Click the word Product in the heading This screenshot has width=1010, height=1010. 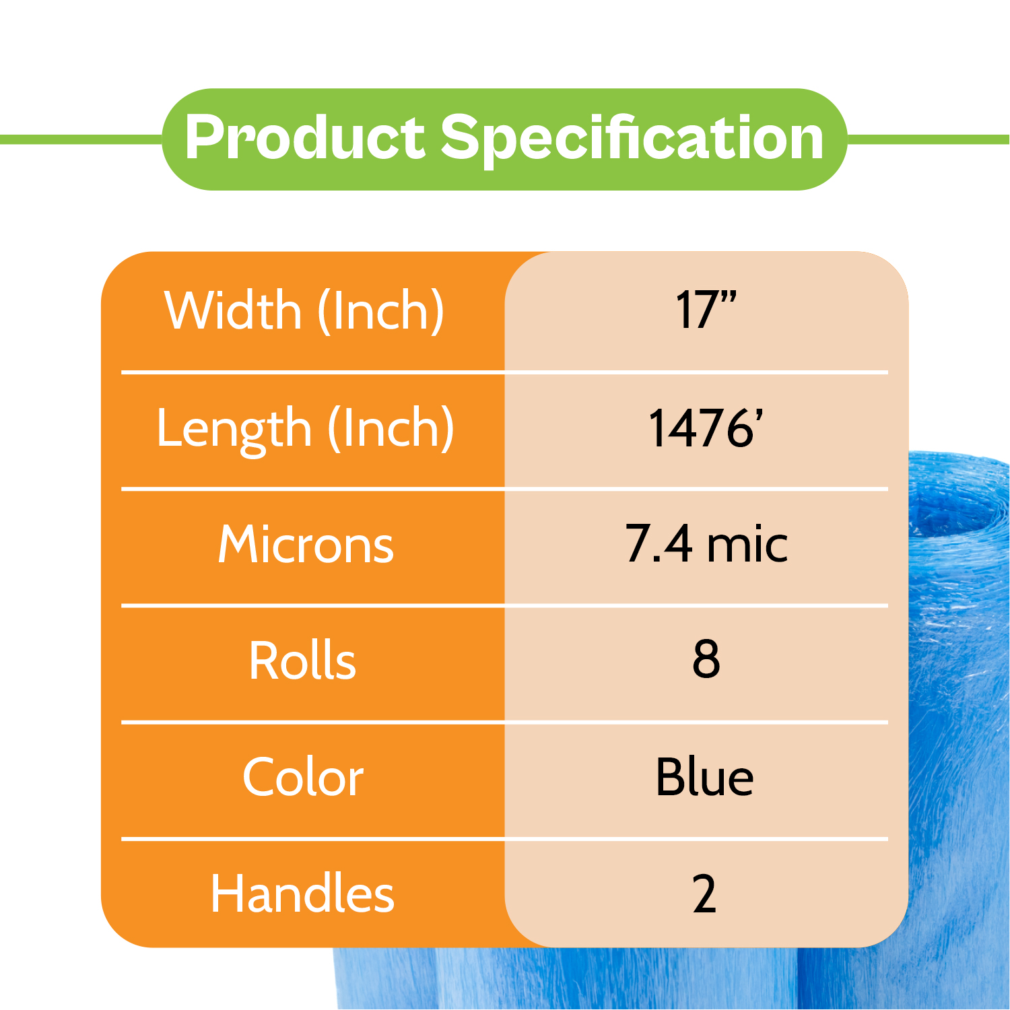click(304, 137)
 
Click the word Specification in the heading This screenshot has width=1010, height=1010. click(632, 140)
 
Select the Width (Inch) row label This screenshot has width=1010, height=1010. click(304, 310)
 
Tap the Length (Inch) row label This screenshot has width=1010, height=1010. click(305, 429)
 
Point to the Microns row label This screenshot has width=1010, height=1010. click(306, 544)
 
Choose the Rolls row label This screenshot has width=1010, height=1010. click(302, 661)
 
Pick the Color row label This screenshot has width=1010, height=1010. click(303, 777)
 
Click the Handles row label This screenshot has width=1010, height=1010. click(302, 894)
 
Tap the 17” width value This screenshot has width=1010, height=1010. click(706, 310)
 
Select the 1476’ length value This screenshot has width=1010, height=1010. click(706, 428)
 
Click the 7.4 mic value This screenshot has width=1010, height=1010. click(706, 544)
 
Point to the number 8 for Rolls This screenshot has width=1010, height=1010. click(706, 660)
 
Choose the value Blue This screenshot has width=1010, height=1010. click(704, 777)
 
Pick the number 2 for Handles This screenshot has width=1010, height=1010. click(704, 894)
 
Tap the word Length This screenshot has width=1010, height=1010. click(234, 429)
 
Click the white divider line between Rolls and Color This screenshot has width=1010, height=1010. click(504, 722)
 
